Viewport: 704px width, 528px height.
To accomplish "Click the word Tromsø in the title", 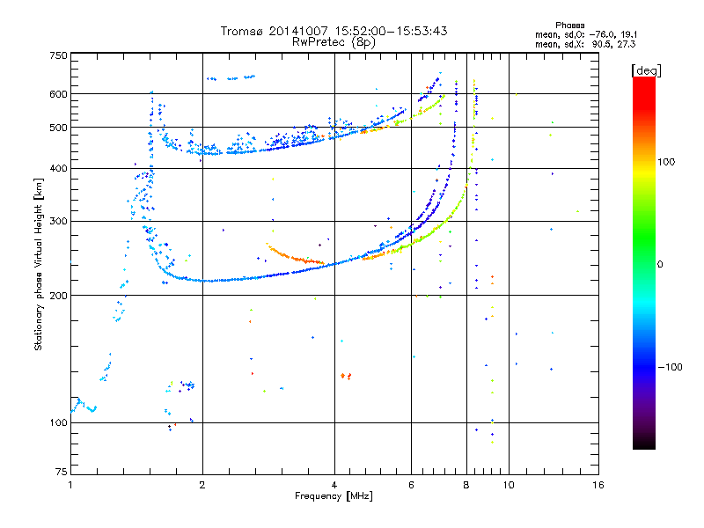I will point(242,31).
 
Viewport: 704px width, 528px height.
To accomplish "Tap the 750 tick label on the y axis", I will point(57,55).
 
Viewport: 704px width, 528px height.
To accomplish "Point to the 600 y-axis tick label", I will point(57,94).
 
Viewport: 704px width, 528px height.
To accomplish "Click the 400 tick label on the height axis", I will point(57,169).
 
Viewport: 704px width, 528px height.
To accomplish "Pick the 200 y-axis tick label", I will point(57,296).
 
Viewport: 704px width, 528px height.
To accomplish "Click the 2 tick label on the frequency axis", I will point(202,485).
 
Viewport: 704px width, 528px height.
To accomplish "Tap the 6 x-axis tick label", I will point(411,485).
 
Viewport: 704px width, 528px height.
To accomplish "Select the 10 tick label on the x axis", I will point(508,485).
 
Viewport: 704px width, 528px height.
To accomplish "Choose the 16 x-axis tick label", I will point(598,485).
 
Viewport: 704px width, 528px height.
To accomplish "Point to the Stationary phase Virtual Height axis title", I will point(39,264).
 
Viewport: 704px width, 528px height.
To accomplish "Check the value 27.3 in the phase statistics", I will point(625,43).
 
